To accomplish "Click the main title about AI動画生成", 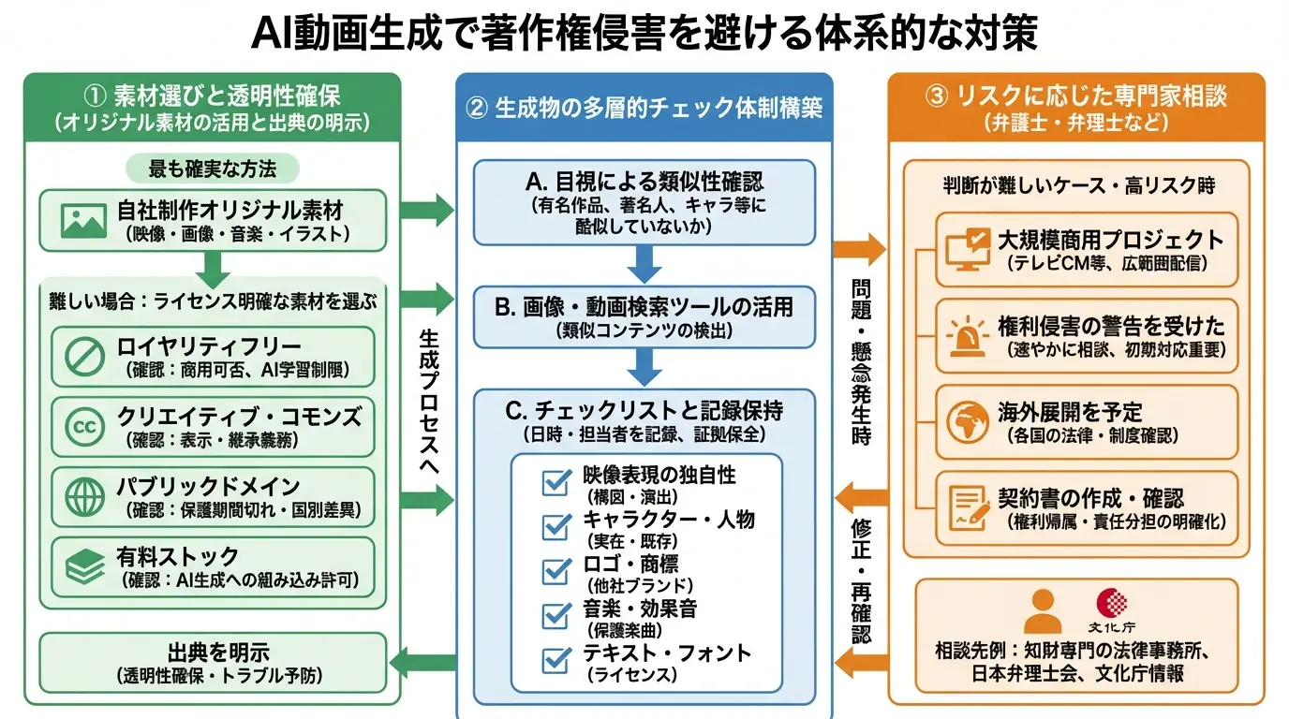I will coord(644,34).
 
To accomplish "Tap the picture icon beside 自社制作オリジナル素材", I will coord(83,219).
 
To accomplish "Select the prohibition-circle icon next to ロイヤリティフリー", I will coord(83,357).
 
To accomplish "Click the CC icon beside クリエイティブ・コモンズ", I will coord(83,425).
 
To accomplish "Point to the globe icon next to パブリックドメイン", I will coord(83,495).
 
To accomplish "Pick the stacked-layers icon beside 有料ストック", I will coord(83,566).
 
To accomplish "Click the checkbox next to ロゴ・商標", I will coord(557,571).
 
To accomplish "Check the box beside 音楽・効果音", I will coord(557,616).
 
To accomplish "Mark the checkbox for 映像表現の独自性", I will coord(557,482).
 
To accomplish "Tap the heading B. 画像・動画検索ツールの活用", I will coord(644,306).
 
